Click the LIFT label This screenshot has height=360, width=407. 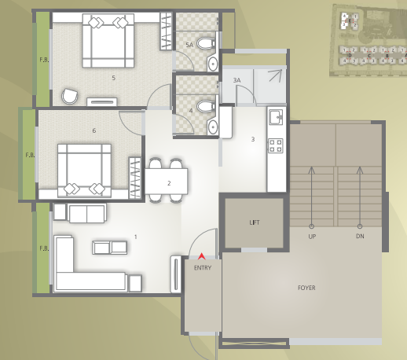pyautogui.click(x=254, y=222)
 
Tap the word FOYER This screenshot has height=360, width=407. pyautogui.click(x=306, y=288)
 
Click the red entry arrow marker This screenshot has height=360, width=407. pyautogui.click(x=203, y=255)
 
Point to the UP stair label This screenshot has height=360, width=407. pyautogui.click(x=312, y=236)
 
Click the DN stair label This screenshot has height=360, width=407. pyautogui.click(x=361, y=236)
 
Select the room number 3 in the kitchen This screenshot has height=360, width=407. pyautogui.click(x=252, y=139)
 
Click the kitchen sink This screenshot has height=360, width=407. pyautogui.click(x=276, y=118)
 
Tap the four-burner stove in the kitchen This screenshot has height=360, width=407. pyautogui.click(x=276, y=145)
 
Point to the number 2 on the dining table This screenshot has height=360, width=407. pyautogui.click(x=168, y=183)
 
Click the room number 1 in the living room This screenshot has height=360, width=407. pyautogui.click(x=135, y=236)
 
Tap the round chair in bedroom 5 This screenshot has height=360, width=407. pyautogui.click(x=70, y=96)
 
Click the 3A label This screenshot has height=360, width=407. pyautogui.click(x=236, y=80)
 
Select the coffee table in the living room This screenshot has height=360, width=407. pyautogui.click(x=110, y=248)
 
